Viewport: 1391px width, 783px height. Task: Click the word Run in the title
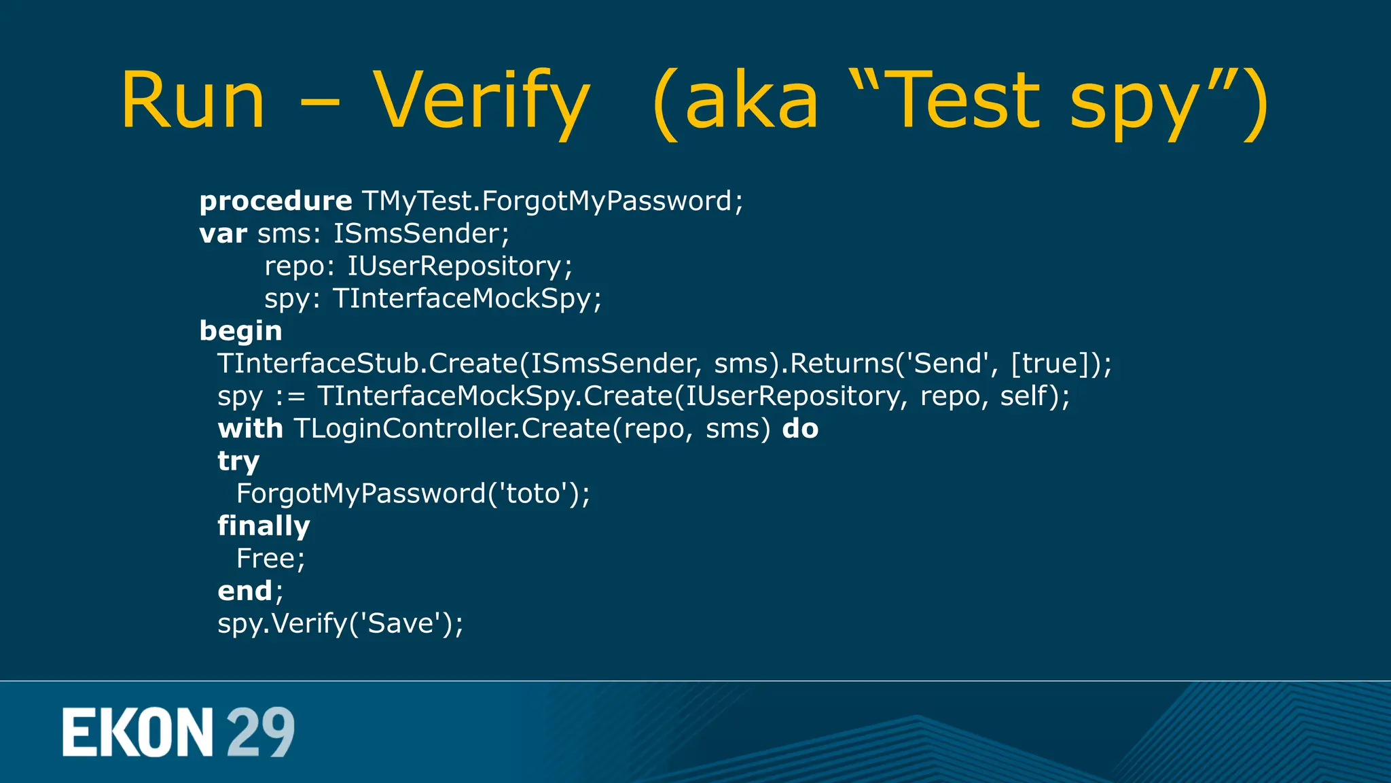tap(192, 101)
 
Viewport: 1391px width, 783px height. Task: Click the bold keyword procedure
tap(276, 201)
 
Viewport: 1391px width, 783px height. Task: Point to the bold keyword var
tap(223, 234)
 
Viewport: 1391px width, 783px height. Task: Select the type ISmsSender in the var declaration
tap(417, 234)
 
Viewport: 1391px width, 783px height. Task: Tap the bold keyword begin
tap(240, 331)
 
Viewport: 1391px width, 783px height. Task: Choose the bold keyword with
tap(250, 429)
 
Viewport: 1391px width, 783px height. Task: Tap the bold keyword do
tap(800, 429)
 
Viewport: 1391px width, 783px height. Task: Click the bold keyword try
tap(238, 462)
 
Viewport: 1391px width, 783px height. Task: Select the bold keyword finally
tap(264, 526)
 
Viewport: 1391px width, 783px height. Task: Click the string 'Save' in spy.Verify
tap(401, 624)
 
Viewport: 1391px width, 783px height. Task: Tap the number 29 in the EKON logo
tap(260, 732)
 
